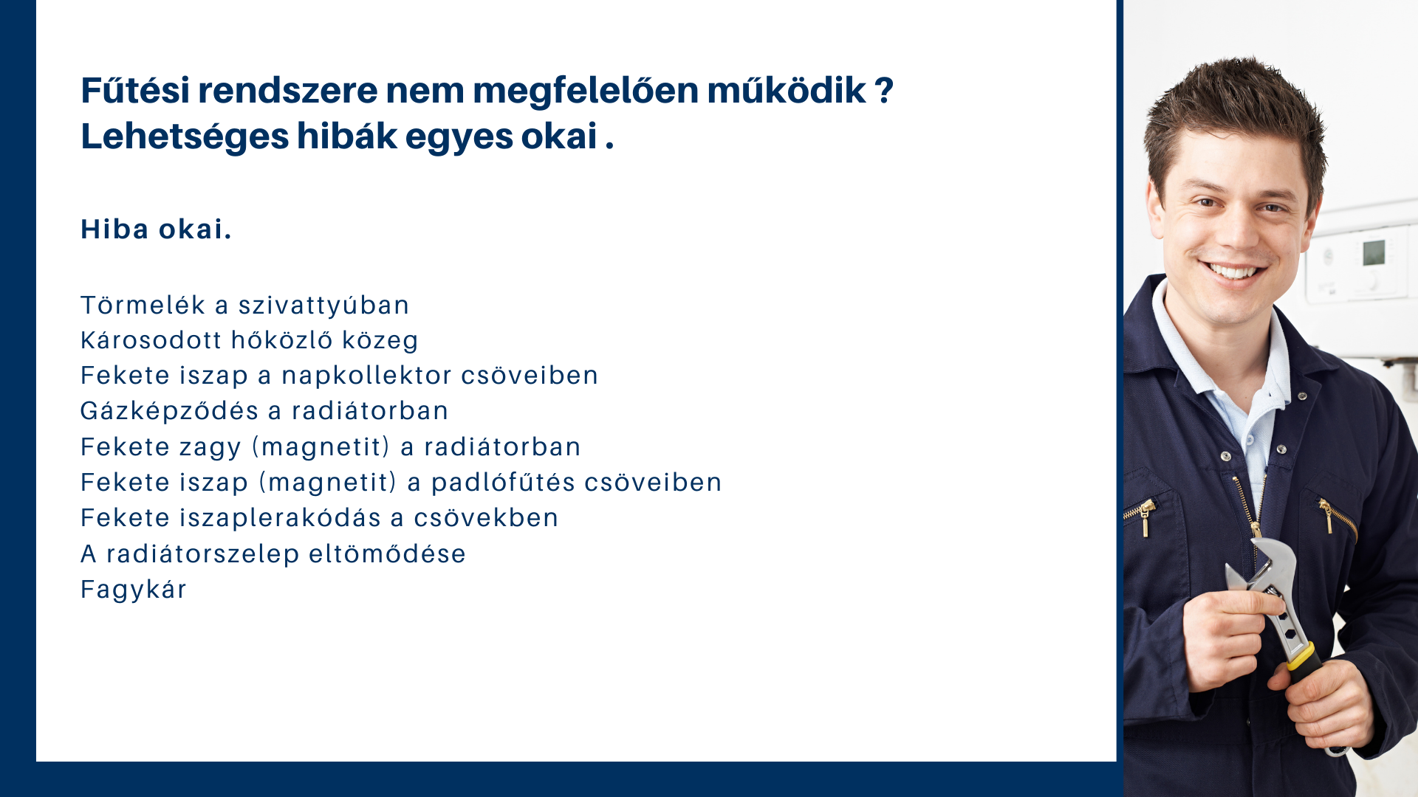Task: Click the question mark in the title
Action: click(884, 91)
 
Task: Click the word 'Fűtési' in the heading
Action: click(135, 90)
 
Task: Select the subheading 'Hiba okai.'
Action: click(156, 230)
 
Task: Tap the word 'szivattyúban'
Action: click(323, 306)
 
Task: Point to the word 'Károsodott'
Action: click(151, 340)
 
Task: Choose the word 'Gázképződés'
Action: click(169, 412)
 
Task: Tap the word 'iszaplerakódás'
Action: click(280, 518)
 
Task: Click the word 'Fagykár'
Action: click(134, 590)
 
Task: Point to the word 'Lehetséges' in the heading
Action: click(185, 137)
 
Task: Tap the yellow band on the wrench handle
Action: click(1301, 656)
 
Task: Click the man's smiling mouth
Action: click(1231, 271)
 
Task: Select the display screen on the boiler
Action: click(1374, 252)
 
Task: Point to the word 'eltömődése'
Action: click(387, 554)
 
